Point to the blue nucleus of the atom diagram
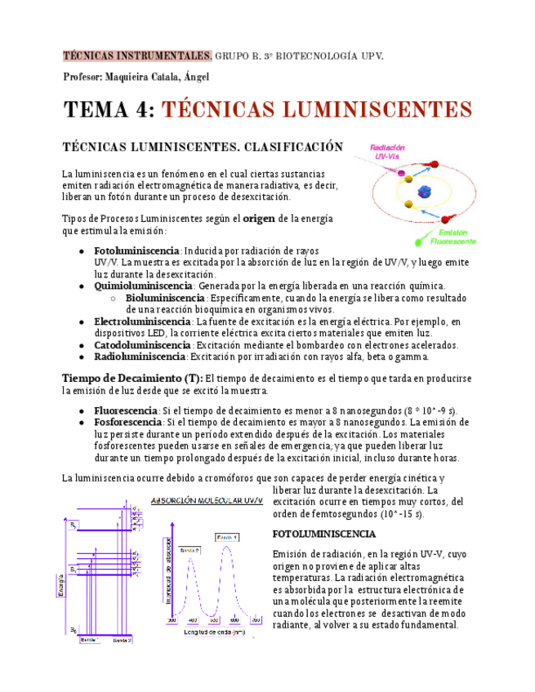pyautogui.click(x=425, y=193)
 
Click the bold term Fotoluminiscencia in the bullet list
pyautogui.click(x=136, y=251)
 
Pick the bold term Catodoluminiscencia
pyautogui.click(x=142, y=345)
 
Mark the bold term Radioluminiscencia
pyautogui.click(x=140, y=357)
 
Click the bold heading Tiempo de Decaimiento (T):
pyautogui.click(x=132, y=378)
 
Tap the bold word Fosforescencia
pyautogui.click(x=128, y=422)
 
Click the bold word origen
pyautogui.click(x=259, y=219)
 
